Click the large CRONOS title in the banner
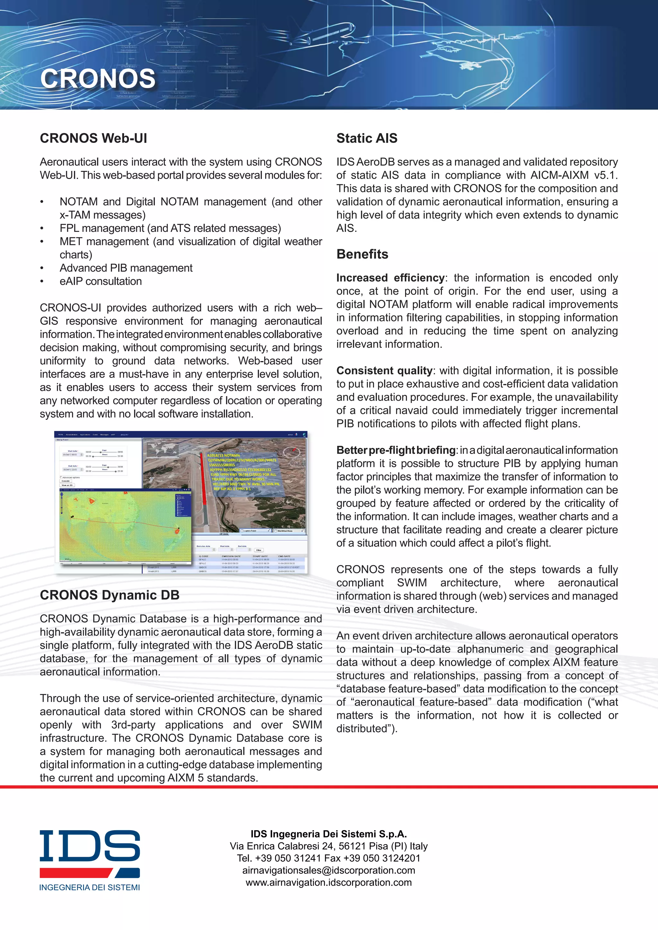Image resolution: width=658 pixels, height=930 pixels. (x=98, y=79)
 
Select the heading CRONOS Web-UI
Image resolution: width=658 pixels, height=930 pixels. (x=93, y=138)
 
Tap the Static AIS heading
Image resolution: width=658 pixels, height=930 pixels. (x=367, y=138)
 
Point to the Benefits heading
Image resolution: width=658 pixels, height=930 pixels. (x=362, y=254)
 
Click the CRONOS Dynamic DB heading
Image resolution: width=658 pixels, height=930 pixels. (x=109, y=595)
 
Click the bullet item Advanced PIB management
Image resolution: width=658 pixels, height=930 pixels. (x=126, y=268)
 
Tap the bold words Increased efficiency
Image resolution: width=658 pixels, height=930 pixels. (x=390, y=278)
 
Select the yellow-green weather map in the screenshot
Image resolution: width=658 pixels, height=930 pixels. (x=121, y=527)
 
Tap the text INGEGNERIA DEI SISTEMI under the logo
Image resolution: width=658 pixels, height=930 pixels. (x=90, y=888)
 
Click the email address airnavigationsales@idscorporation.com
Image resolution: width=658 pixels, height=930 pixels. (x=329, y=871)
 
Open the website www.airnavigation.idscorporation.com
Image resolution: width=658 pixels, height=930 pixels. (x=329, y=882)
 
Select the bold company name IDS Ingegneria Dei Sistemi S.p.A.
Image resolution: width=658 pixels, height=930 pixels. (x=329, y=834)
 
